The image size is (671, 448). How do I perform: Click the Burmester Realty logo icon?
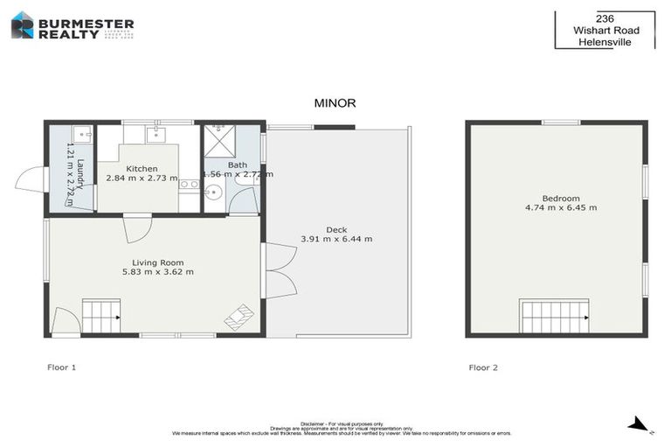click(22, 25)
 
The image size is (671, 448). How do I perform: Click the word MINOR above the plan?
click(335, 103)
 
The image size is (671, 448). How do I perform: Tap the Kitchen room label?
click(142, 169)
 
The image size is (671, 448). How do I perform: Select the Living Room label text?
click(157, 262)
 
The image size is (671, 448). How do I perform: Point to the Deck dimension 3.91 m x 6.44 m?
click(336, 239)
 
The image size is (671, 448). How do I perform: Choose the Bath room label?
click(238, 164)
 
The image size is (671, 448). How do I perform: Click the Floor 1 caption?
click(62, 367)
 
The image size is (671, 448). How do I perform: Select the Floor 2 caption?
click(483, 367)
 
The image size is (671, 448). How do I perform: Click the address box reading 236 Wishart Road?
click(605, 29)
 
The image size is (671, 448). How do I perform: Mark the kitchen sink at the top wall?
click(156, 134)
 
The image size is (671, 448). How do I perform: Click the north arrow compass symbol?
click(639, 425)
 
